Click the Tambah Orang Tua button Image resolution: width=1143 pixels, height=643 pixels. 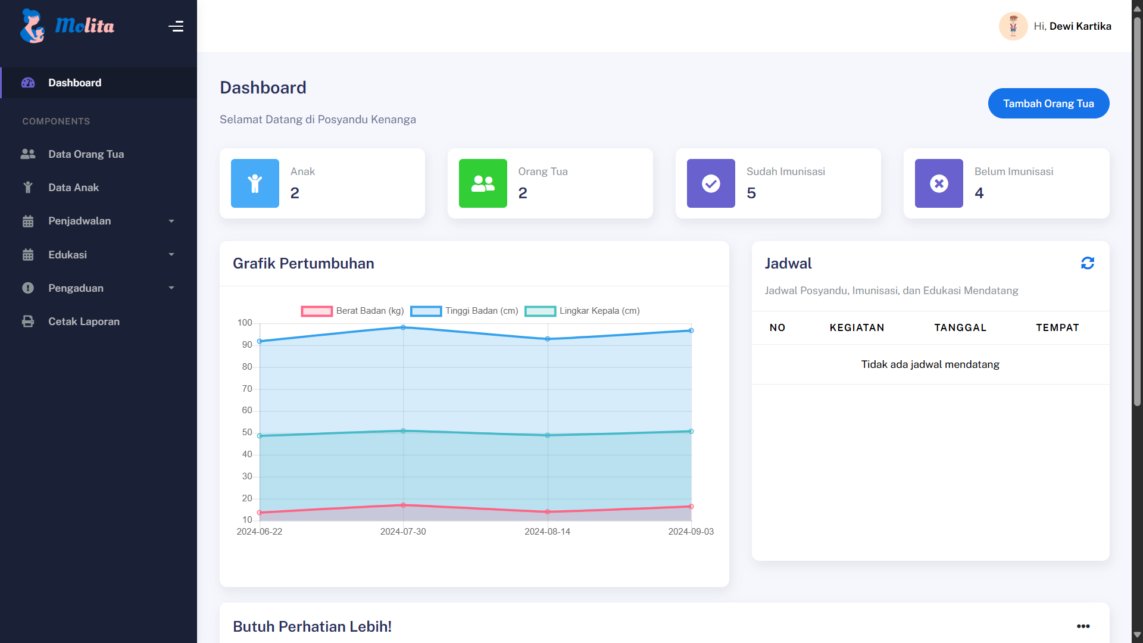1048,104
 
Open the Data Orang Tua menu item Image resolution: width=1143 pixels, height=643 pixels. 86,154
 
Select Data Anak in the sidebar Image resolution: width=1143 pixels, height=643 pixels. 73,188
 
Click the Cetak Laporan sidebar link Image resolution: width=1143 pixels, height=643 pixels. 83,321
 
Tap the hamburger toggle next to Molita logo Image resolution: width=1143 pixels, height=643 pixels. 176,26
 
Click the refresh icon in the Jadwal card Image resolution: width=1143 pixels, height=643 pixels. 1087,263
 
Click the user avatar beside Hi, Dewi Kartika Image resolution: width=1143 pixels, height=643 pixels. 1013,26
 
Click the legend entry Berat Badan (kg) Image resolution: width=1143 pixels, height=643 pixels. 352,311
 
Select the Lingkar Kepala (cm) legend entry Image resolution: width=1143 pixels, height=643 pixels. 582,311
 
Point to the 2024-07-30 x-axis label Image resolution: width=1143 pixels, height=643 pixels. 403,532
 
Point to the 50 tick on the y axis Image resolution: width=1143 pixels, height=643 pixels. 247,432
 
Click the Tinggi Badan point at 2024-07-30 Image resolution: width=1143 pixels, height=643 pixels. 403,327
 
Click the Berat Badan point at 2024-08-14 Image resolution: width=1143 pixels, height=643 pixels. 548,512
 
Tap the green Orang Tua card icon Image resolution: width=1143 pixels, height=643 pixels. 483,183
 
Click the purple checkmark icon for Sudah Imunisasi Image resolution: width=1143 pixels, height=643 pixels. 711,183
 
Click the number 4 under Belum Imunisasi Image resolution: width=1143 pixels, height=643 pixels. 979,193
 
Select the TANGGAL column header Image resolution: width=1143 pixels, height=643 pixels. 960,327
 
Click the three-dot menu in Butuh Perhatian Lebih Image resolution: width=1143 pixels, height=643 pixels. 1083,626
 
